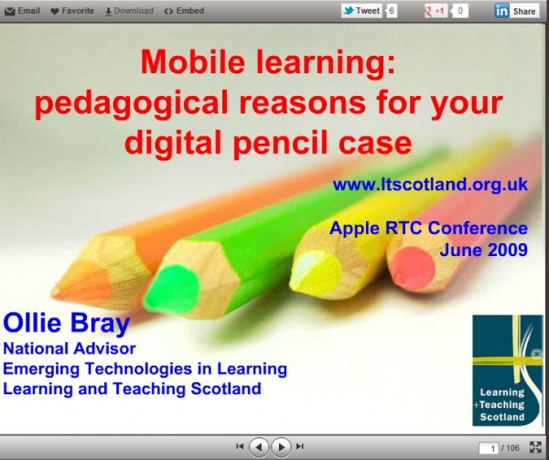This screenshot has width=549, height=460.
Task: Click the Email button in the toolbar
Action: [x=22, y=11]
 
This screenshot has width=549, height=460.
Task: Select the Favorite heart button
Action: [x=72, y=11]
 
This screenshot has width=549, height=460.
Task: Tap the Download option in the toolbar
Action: [x=129, y=11]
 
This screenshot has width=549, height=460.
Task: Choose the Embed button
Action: [x=184, y=11]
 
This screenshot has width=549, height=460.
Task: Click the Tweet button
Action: [x=361, y=11]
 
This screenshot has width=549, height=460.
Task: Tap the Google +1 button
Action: [x=436, y=11]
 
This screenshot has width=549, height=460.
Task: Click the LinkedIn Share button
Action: [x=516, y=11]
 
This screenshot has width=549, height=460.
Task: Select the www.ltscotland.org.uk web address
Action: [x=430, y=184]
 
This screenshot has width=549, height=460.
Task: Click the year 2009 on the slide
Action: [x=508, y=250]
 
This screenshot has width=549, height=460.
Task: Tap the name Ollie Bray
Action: [x=67, y=323]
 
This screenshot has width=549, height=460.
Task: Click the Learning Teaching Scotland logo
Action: [x=507, y=370]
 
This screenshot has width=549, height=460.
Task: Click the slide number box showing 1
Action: [x=489, y=448]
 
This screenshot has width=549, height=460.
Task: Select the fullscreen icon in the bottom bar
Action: [x=535, y=447]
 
